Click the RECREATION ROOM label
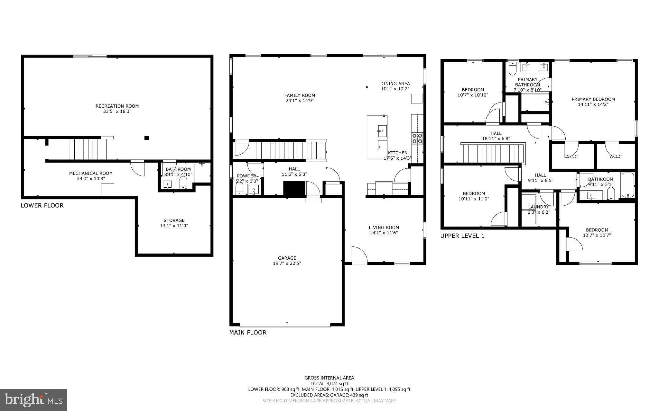[117, 106]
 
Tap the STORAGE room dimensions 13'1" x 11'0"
[174, 226]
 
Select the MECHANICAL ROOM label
[91, 173]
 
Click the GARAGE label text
[287, 258]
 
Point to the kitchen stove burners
[417, 138]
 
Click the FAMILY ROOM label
[299, 95]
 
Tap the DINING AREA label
[395, 84]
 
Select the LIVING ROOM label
[384, 228]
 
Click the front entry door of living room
[359, 256]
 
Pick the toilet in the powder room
[239, 189]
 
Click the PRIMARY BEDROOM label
[593, 99]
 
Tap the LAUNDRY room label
[538, 207]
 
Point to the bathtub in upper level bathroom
[627, 185]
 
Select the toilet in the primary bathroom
[512, 69]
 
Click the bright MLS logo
[33, 400]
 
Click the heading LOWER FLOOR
[42, 206]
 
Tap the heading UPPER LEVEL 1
[462, 236]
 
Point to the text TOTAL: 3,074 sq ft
[329, 383]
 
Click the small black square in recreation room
[147, 138]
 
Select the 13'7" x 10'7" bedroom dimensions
[597, 235]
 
